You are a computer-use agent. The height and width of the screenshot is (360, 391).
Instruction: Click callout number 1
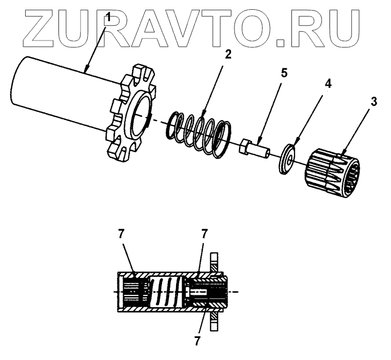tap(108, 18)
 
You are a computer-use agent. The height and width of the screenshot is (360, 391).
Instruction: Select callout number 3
tap(374, 101)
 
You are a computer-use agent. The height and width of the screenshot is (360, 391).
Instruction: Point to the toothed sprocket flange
tap(130, 115)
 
